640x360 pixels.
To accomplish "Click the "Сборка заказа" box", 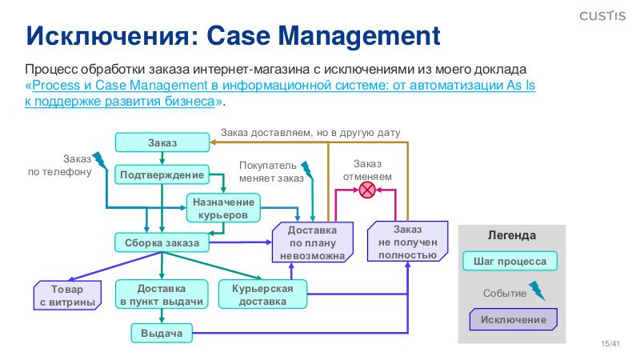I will pos(162,242).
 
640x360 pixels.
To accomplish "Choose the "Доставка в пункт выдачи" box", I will pos(162,294).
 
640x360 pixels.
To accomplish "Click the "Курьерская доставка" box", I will pos(262,294).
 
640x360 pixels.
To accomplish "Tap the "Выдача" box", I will pos(162,333).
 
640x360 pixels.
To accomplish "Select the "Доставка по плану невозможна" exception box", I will pos(311,242).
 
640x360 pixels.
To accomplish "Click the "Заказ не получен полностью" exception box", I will pos(407,242).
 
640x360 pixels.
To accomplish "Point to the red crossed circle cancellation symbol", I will pos(367,190).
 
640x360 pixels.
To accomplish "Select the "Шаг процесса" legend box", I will pos(510,261).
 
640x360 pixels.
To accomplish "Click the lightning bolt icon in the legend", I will pos(537,290).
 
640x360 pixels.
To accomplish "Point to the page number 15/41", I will pos(610,343).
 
